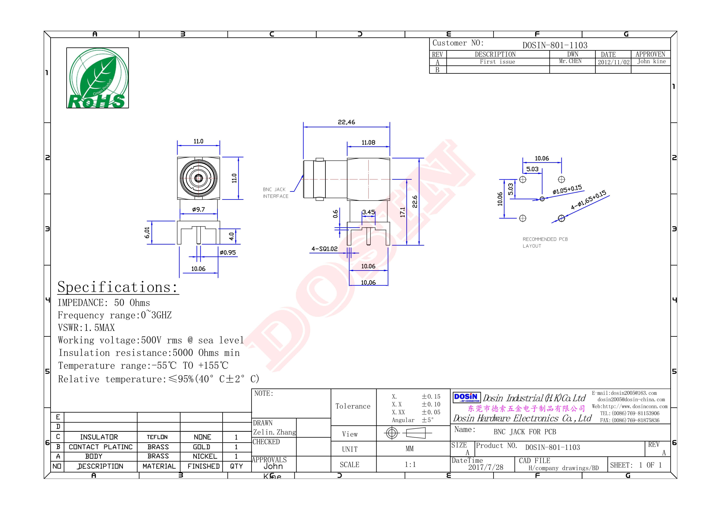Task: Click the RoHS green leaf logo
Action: coord(97,78)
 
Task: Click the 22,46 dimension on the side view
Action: coord(346,122)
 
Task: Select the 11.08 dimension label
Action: coord(368,142)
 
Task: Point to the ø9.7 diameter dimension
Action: coord(198,209)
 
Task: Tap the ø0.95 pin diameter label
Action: coord(228,253)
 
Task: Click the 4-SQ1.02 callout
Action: coord(324,249)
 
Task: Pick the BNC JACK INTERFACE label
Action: coord(275,193)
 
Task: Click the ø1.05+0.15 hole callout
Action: coord(567,190)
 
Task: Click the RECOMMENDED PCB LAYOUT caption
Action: coord(545,242)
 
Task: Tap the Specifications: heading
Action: coord(118,287)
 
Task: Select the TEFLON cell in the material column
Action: coord(157,437)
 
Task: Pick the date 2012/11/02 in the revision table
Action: coord(613,62)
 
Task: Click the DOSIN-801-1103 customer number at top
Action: coord(555,45)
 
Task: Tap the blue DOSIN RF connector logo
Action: coord(466,398)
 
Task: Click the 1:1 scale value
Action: coord(410,464)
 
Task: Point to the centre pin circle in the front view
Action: coord(198,178)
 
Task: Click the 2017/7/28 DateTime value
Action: coord(485,467)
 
